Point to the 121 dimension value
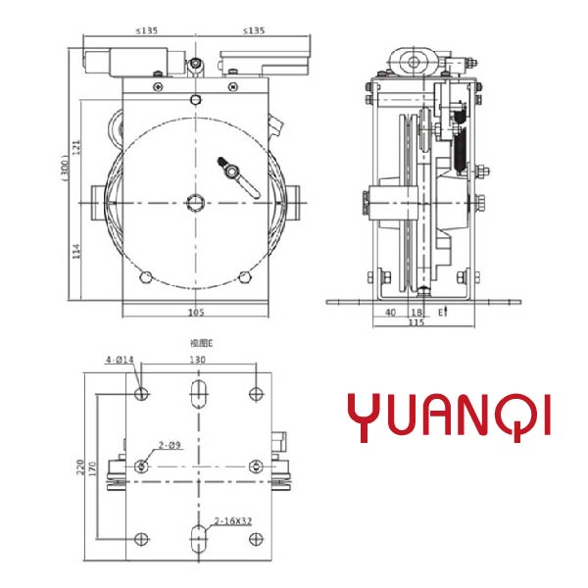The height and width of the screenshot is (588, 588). [x=75, y=147]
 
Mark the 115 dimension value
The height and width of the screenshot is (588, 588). [x=416, y=322]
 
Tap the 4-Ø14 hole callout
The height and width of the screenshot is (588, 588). [x=120, y=361]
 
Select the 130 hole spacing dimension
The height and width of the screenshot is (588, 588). [x=199, y=361]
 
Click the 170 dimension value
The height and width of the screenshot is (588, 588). [x=93, y=467]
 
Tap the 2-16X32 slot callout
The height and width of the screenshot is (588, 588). [x=233, y=520]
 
